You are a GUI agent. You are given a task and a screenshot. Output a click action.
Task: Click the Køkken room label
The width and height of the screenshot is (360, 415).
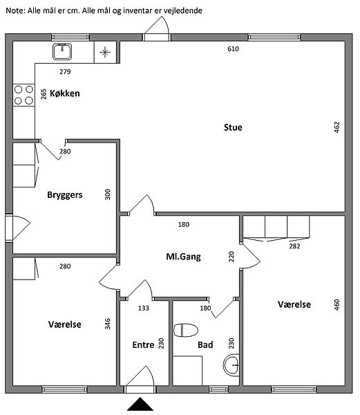click(x=65, y=93)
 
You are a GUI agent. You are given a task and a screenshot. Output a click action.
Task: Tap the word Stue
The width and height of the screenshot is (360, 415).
click(x=233, y=127)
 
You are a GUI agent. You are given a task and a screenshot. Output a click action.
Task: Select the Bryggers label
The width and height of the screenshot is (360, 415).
click(x=65, y=195)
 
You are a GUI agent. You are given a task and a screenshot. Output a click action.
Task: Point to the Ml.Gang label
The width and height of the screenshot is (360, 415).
click(x=183, y=257)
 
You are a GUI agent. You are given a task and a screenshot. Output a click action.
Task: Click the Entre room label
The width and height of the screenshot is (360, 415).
click(x=143, y=345)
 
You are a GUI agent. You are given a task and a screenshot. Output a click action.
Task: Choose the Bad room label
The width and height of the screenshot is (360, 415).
click(x=205, y=345)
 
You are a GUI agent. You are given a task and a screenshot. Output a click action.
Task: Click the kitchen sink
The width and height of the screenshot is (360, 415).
click(x=62, y=52)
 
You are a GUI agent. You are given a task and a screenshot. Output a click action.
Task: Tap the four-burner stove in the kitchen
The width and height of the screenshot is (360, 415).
click(x=23, y=95)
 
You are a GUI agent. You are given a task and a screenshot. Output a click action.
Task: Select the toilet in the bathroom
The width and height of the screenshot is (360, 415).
click(x=186, y=331)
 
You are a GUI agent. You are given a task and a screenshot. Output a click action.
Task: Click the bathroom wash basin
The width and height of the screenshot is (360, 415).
click(x=231, y=365)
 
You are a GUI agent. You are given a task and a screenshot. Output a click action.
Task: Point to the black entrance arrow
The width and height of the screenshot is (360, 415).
click(x=140, y=404)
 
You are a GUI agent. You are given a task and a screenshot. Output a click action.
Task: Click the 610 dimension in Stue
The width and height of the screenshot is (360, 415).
click(x=233, y=49)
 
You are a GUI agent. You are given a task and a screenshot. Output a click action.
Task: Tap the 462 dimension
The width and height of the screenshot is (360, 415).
click(x=337, y=127)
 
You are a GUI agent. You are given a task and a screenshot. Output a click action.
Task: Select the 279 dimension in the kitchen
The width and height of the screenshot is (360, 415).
click(x=65, y=72)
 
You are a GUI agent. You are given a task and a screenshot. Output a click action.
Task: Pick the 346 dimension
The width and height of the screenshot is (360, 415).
click(x=107, y=324)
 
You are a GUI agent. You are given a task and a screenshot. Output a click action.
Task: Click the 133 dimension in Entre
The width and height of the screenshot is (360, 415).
click(x=144, y=308)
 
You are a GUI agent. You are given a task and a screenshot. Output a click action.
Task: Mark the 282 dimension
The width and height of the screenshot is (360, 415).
click(x=294, y=246)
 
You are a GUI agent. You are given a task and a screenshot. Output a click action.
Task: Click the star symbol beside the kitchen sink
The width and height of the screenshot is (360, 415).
click(x=105, y=52)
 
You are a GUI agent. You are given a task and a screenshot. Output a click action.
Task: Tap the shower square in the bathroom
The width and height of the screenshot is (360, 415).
click(x=187, y=371)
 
